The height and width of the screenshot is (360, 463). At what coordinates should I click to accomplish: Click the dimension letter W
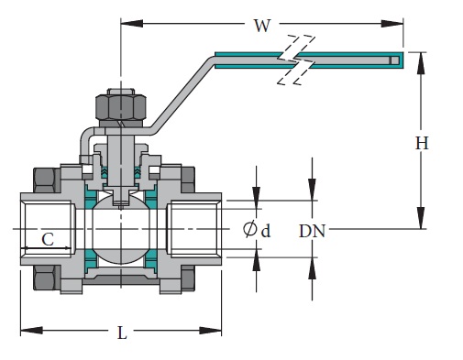point(262,26)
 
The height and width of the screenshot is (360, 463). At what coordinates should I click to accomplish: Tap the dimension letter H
point(421,143)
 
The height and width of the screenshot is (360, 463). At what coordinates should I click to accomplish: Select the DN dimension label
point(313,231)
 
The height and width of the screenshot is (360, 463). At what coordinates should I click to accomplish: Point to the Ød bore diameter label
point(257,230)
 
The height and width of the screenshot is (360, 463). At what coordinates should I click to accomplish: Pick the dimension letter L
point(122,333)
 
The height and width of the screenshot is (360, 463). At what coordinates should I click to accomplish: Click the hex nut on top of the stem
point(120,107)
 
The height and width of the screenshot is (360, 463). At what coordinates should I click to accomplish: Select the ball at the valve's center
point(121,229)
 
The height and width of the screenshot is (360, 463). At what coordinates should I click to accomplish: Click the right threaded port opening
point(193,229)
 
